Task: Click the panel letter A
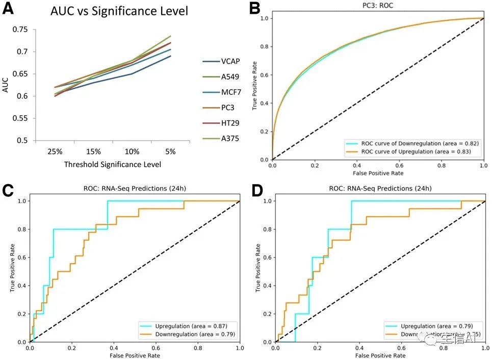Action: (x=9, y=10)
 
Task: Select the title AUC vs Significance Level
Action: (x=119, y=11)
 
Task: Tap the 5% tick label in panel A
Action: (x=170, y=151)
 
